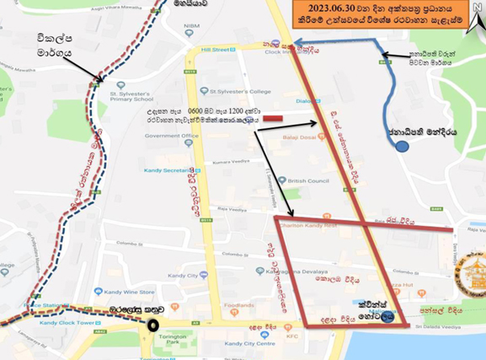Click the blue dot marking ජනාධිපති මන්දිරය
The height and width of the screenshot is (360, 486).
click(403, 146)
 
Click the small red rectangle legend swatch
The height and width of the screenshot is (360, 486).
click(272, 118)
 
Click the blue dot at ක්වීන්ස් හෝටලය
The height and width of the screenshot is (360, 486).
click(386, 318)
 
